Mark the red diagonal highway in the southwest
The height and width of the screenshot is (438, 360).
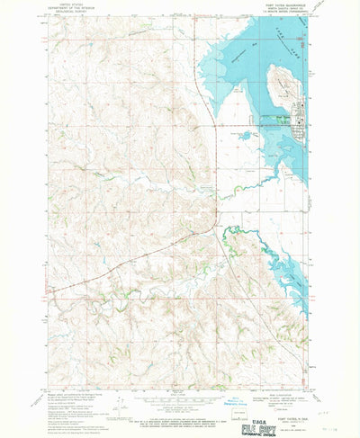pyautogui.click(x=108, y=270)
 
